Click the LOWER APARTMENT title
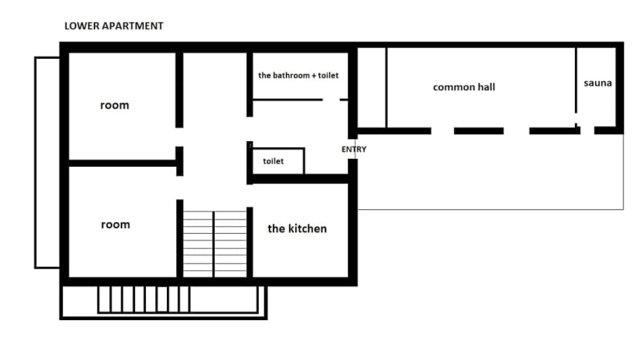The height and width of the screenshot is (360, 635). coord(113,26)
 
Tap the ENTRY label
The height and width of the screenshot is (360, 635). coord(354,149)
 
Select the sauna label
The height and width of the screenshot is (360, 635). coord(598,83)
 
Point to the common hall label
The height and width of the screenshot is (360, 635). coord(464,87)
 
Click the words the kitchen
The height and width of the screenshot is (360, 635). coord(297,229)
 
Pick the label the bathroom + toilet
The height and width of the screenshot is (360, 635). coord(299,76)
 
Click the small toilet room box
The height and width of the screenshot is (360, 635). coord(278,161)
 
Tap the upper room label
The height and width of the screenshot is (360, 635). coord(115,105)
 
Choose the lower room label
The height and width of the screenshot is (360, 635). coord(116,225)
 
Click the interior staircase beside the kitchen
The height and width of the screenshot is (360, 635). coord(215,245)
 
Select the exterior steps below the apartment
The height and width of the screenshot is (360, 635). coord(144,299)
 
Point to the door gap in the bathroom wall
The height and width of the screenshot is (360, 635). coord(331,99)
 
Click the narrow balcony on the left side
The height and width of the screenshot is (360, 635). coord(47,162)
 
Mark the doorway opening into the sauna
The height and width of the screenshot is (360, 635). coord(587,130)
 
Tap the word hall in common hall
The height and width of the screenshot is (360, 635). coord(485,87)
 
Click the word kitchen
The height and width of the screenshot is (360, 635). coord(307,229)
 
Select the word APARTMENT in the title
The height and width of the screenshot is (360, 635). coord(132,26)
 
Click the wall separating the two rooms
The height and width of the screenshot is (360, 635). coord(122,163)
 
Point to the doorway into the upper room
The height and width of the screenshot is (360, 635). coord(180,137)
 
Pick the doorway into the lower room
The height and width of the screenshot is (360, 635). coord(180,188)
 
